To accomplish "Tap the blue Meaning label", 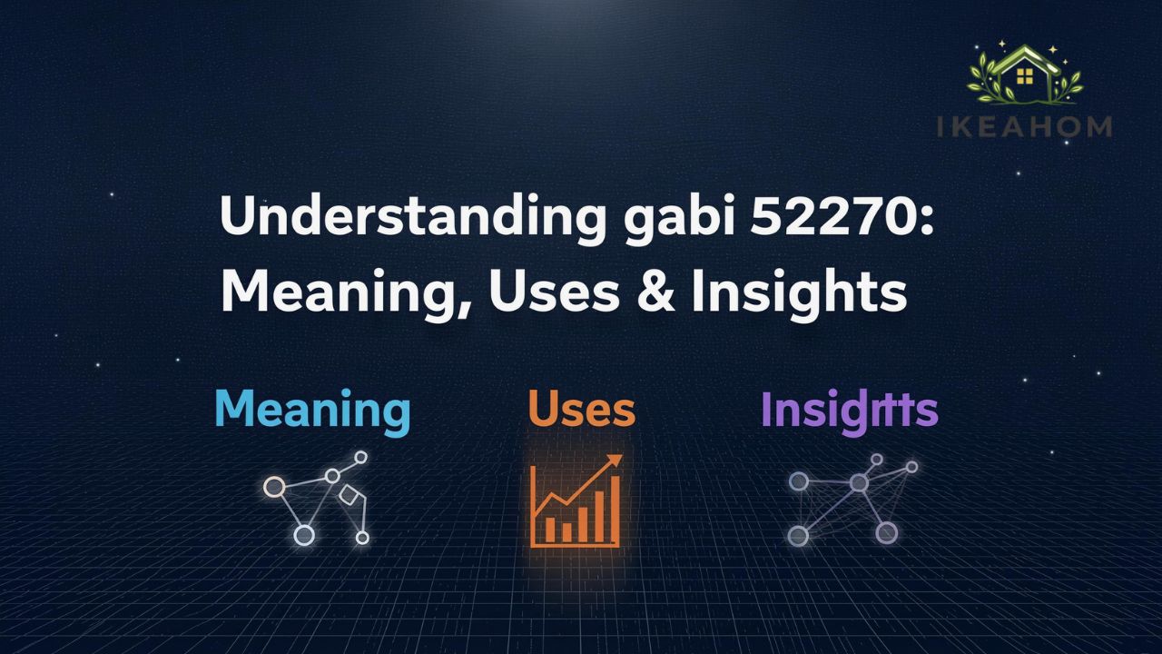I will click(312, 411).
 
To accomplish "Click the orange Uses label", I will click(581, 411).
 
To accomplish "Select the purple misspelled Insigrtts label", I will click(849, 411).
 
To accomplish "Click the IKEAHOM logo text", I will click(1024, 126).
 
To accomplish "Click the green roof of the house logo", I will click(1024, 58).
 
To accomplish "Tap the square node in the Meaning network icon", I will click(348, 495).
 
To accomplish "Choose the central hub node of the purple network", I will click(858, 483).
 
